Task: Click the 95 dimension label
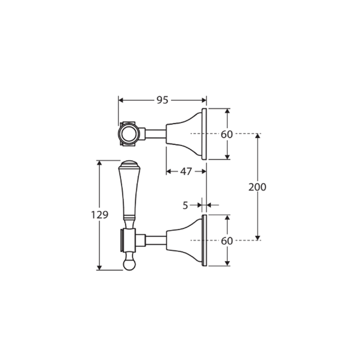point(162,100)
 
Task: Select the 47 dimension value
point(186,171)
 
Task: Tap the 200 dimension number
point(257,187)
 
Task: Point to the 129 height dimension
point(100,215)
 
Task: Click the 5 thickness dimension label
point(185,205)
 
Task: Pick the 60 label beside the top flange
point(227,134)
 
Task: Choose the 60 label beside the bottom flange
point(227,241)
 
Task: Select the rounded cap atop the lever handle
point(129,164)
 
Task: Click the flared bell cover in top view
point(183,134)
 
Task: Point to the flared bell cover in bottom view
point(183,241)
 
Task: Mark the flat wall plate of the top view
point(204,134)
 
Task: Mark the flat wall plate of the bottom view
point(204,241)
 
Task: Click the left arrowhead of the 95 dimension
point(121,100)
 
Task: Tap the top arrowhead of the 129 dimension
point(99,163)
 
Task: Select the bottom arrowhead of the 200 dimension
point(257,237)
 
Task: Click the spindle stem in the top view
point(155,134)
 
